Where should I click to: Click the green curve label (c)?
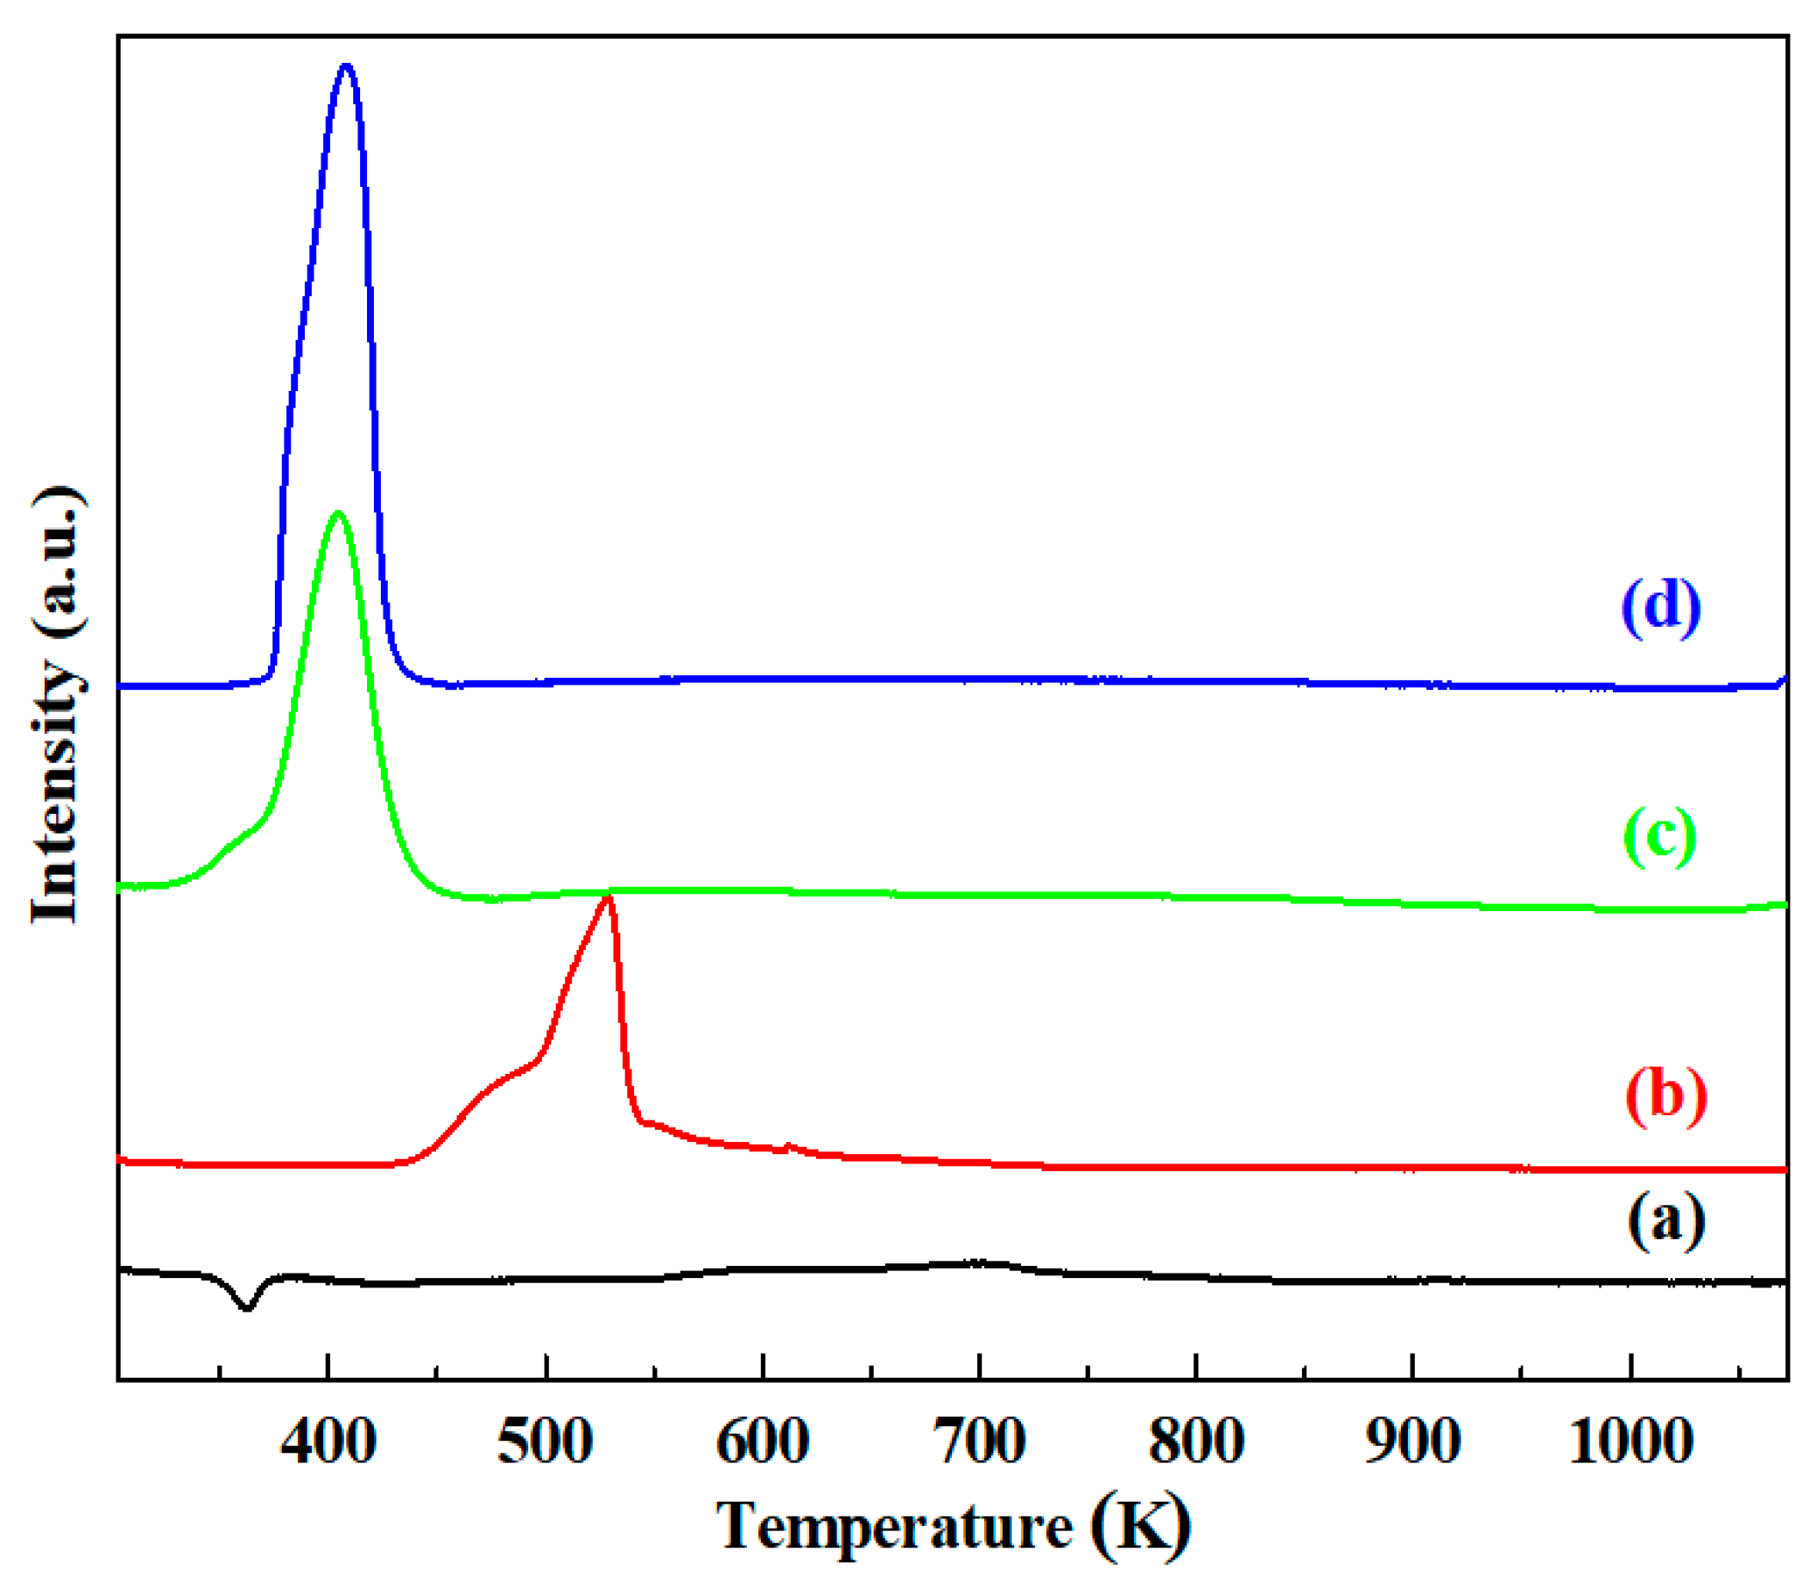1659,835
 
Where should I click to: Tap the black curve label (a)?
1665,1220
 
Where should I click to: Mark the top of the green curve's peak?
338,513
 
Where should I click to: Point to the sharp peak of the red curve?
608,898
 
